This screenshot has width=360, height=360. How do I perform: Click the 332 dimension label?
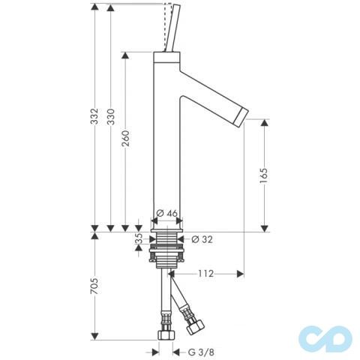click(94, 116)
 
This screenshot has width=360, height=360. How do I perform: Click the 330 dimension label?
click(110, 116)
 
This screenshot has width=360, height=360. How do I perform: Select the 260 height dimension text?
click(125, 138)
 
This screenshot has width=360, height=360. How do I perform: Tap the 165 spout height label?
click(264, 175)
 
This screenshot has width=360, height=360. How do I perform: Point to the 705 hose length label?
click(94, 286)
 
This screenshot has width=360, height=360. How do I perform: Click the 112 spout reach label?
click(206, 274)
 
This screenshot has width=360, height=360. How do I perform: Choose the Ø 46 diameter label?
click(166, 213)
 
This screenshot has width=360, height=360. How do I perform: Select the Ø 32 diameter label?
click(202, 239)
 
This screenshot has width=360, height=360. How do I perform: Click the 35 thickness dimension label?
click(139, 238)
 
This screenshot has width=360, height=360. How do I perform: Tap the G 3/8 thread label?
click(201, 352)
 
